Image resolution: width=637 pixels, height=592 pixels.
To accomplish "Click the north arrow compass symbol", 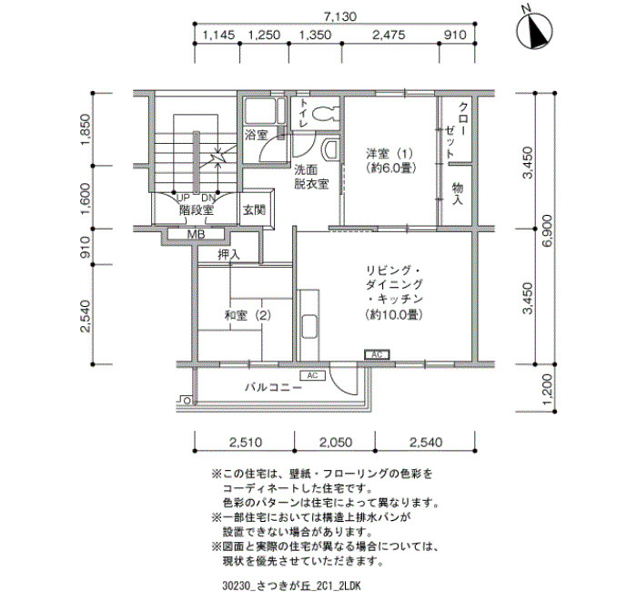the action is (x=534, y=31).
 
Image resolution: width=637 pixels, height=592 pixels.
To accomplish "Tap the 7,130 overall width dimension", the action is (x=340, y=16).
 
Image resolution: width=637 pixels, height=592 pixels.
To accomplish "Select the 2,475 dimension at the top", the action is (x=389, y=35).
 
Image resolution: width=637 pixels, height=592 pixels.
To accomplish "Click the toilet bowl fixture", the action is (x=325, y=113).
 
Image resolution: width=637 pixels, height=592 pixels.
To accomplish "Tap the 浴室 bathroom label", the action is (x=257, y=135).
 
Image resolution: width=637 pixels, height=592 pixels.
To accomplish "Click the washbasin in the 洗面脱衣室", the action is (x=329, y=149).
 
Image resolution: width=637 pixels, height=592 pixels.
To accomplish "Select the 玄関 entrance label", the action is (x=254, y=209).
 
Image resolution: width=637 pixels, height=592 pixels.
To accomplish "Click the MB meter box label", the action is (x=197, y=235).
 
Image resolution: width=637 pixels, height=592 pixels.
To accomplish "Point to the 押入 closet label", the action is (x=228, y=255).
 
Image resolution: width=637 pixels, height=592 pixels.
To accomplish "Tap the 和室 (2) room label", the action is (x=248, y=315).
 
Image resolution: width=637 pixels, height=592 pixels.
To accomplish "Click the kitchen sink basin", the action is (x=311, y=326).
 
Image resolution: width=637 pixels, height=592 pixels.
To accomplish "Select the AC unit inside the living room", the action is (x=377, y=355).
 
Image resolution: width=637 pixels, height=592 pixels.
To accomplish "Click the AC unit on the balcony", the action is (x=312, y=375).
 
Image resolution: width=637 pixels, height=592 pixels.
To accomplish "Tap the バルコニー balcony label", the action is (x=273, y=387).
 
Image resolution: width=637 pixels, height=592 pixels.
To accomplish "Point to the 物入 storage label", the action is (x=458, y=194).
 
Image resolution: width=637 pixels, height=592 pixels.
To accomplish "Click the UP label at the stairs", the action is (x=183, y=198).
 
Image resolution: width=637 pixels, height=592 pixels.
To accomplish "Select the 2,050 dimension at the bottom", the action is (x=336, y=442).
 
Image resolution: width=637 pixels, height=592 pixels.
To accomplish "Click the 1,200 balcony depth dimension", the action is (x=548, y=389).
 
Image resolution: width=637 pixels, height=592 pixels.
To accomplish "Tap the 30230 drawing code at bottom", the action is (x=235, y=585).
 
